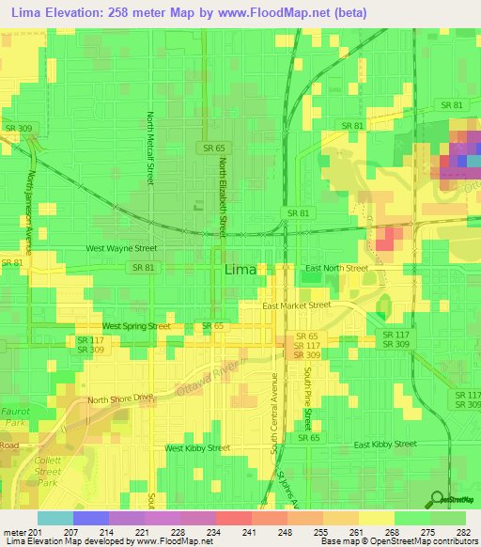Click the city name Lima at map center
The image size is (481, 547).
(239, 270)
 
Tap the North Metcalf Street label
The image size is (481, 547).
(149, 148)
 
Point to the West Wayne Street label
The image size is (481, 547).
(121, 249)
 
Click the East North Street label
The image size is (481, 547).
(334, 268)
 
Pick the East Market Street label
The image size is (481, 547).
(297, 305)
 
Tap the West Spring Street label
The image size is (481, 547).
(136, 326)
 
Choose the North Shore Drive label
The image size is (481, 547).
(119, 399)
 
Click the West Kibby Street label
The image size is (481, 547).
(197, 448)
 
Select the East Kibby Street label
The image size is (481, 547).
(384, 444)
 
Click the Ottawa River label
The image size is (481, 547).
(208, 375)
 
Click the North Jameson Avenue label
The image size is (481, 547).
(30, 211)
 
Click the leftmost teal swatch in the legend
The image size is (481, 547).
(55, 518)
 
